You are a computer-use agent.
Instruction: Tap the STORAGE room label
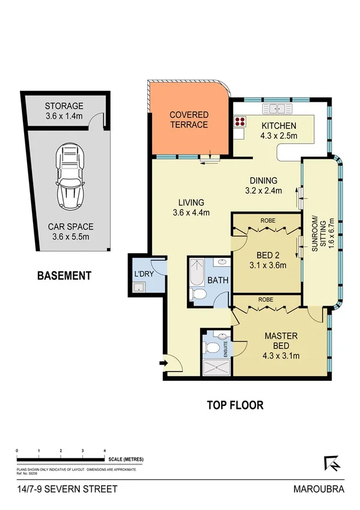click(64, 106)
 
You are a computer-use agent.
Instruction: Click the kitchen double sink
click(278, 109)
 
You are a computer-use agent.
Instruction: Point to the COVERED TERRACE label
click(189, 120)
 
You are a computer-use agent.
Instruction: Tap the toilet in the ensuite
click(212, 348)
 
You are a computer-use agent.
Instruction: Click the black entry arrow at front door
click(162, 363)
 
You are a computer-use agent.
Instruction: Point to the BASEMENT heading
click(64, 276)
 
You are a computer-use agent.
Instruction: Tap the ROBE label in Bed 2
click(267, 221)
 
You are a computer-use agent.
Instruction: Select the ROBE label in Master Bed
click(267, 299)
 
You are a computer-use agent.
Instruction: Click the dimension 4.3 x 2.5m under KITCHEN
click(278, 137)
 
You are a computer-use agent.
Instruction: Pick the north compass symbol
click(331, 462)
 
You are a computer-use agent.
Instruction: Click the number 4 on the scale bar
click(105, 450)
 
